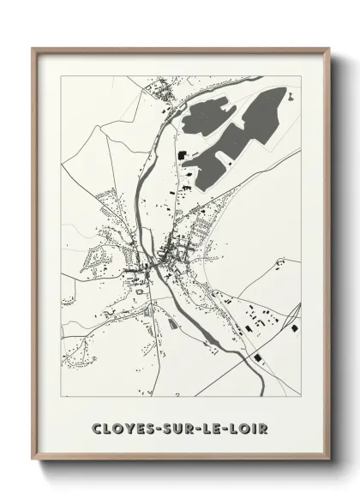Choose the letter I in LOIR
point(258,424)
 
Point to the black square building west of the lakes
point(183,153)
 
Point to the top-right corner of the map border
point(300,76)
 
